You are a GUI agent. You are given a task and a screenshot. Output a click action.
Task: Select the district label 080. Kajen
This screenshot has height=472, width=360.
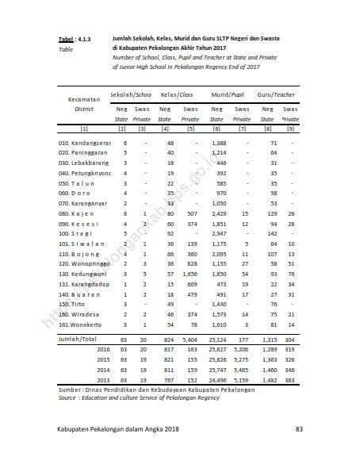pos(74,213)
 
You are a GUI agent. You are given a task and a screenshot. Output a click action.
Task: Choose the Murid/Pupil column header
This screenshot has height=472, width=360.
pos(227,94)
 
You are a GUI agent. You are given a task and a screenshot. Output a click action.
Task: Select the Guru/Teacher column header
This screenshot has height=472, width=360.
pos(278,94)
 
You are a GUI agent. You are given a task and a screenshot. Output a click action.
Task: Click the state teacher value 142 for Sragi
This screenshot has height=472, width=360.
pos(273,234)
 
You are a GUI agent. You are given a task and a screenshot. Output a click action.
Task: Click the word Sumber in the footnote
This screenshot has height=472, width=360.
pos(71,390)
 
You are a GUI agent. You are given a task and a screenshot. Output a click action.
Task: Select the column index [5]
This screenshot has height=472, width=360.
pos(191,127)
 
